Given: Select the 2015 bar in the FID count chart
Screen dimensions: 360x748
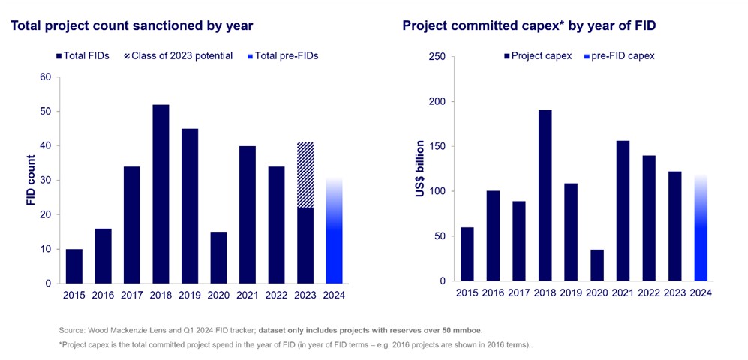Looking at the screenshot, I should pos(74,265).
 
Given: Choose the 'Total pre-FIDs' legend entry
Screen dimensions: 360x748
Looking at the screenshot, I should pos(282,55).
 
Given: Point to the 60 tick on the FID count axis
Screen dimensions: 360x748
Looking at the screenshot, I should pos(44,77).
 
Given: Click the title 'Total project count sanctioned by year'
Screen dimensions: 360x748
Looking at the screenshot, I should pos(131,25).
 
